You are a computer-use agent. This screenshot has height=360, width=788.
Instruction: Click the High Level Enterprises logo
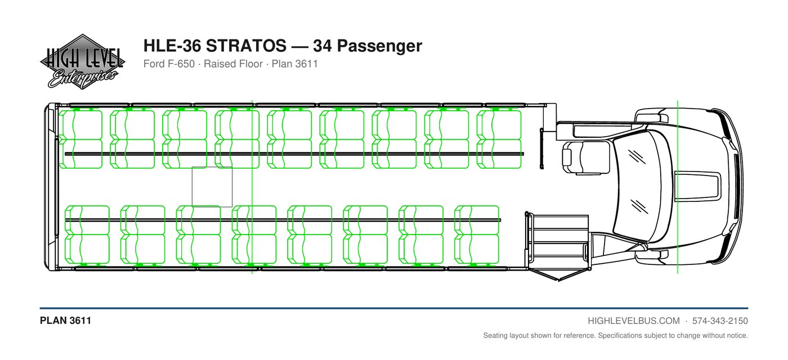coord(83,61)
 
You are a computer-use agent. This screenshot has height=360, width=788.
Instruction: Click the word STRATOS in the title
coord(246,46)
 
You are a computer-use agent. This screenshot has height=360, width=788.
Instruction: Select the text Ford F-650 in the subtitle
coord(169,64)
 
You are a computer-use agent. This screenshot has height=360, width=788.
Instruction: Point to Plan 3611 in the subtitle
coord(295,64)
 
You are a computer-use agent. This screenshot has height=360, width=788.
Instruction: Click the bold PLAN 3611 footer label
coord(65,321)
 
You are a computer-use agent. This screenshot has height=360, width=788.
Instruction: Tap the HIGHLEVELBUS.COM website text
coord(634,321)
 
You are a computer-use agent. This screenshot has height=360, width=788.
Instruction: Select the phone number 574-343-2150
coord(720,321)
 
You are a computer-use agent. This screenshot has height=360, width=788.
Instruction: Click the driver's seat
coord(586,157)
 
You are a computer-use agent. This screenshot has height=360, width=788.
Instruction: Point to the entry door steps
coord(558,242)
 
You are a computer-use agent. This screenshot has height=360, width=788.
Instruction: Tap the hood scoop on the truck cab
coord(697,186)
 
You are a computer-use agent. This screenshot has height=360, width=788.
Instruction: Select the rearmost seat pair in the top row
coord(80,139)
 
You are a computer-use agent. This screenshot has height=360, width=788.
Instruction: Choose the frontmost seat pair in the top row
coord(499,139)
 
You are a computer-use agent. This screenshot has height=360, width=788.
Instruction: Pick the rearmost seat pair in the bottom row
coord(87,235)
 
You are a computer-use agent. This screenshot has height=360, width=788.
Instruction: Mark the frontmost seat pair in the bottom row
coord(477,235)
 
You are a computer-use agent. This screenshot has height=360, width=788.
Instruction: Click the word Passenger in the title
coord(379,46)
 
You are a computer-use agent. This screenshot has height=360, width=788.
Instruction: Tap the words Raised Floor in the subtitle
coord(233,64)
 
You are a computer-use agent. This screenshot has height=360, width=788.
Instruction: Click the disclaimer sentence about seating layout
coord(616,336)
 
